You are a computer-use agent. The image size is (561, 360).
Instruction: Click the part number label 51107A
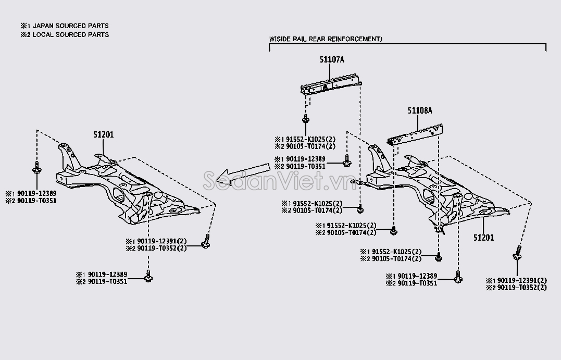point(332,60)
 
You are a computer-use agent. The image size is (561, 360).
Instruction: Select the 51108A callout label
point(420,110)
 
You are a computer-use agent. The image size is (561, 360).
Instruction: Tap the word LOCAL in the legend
point(43,35)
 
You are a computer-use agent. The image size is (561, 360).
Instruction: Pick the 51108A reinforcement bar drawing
point(415,135)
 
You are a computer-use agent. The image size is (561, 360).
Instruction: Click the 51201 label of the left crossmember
point(104,135)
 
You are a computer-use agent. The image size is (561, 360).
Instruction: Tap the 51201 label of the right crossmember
point(483,238)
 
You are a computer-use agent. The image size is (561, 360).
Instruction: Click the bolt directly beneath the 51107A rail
point(305,119)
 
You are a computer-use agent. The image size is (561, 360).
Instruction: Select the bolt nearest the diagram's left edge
point(36,167)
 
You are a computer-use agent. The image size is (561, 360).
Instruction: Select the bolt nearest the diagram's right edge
point(517,253)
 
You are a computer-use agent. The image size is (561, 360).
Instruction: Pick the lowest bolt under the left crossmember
point(148,277)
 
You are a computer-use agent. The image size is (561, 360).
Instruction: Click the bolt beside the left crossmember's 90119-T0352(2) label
point(206,242)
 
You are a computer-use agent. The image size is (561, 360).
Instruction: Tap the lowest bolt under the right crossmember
point(458,277)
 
